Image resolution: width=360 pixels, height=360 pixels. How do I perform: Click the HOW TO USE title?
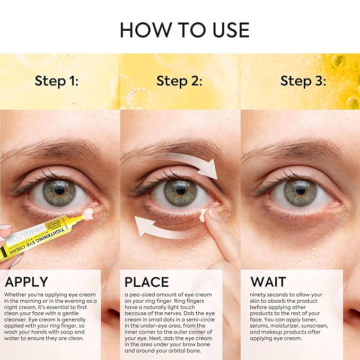pos(184,30)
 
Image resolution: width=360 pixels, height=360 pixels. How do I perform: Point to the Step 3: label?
pos(303,81)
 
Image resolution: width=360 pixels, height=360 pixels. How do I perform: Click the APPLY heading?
pos(27,282)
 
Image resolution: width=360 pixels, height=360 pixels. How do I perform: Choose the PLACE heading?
pos(146,282)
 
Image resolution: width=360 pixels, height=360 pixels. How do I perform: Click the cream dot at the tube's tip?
pos(87,214)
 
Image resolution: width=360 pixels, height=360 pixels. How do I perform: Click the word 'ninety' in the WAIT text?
pos(258,294)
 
